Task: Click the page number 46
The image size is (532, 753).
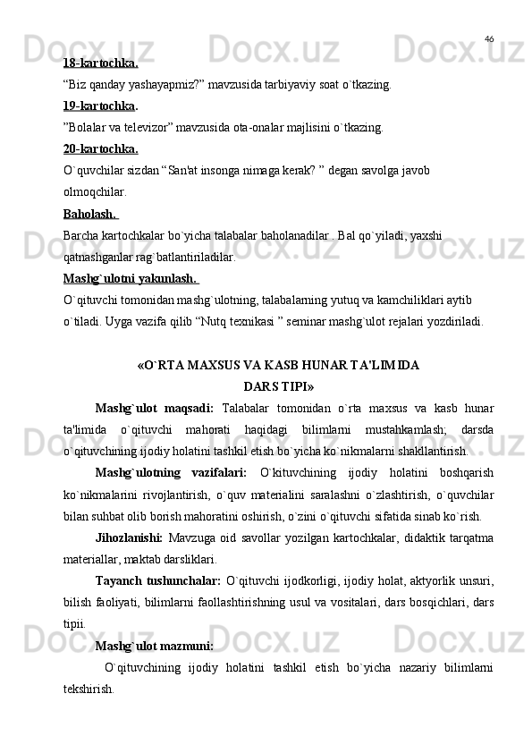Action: [x=489, y=38]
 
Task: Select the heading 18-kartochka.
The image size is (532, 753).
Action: [x=100, y=63]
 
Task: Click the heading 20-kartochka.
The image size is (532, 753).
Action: [x=100, y=148]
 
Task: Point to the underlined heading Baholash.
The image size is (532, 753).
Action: [x=90, y=214]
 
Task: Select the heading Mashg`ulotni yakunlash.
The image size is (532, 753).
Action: [x=130, y=278]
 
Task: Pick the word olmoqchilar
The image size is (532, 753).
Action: [x=95, y=191]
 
